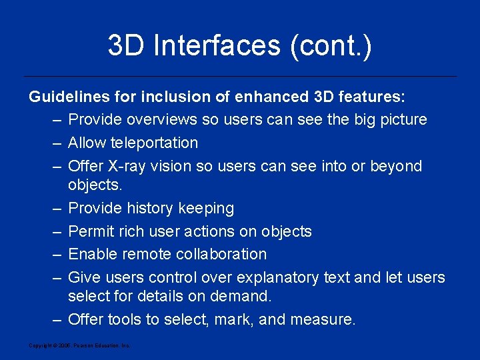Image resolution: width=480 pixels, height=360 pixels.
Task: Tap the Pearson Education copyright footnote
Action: [x=80, y=345]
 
